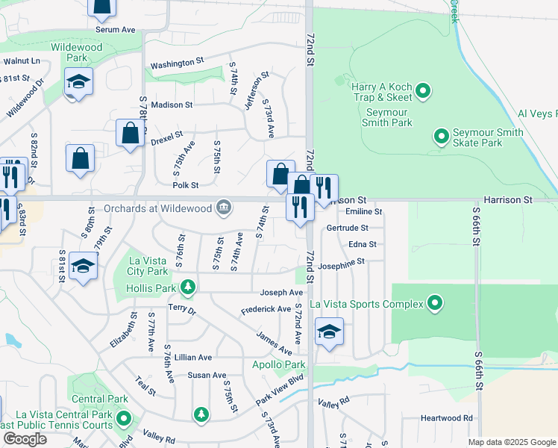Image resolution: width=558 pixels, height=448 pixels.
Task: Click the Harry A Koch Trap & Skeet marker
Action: [x=423, y=92]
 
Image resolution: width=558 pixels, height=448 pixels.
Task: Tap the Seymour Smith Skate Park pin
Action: [x=441, y=137]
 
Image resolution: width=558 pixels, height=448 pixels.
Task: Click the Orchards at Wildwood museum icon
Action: [x=223, y=208]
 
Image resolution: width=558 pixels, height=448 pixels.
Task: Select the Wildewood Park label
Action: [x=76, y=52]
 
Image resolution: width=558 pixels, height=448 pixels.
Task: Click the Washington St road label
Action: [x=177, y=64]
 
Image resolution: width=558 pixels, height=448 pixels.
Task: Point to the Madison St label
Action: [x=172, y=105]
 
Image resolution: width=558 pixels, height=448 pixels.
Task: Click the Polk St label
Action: [x=185, y=185]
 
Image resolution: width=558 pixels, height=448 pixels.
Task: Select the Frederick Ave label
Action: [x=266, y=309]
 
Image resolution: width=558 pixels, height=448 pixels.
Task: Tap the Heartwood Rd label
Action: [x=446, y=418]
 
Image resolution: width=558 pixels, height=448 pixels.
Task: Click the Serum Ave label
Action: [x=115, y=30]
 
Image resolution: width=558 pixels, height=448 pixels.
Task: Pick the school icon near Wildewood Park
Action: [x=78, y=82]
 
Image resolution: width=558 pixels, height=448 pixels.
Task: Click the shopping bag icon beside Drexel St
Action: [x=130, y=134]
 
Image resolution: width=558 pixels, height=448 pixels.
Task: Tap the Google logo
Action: [x=25, y=439]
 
